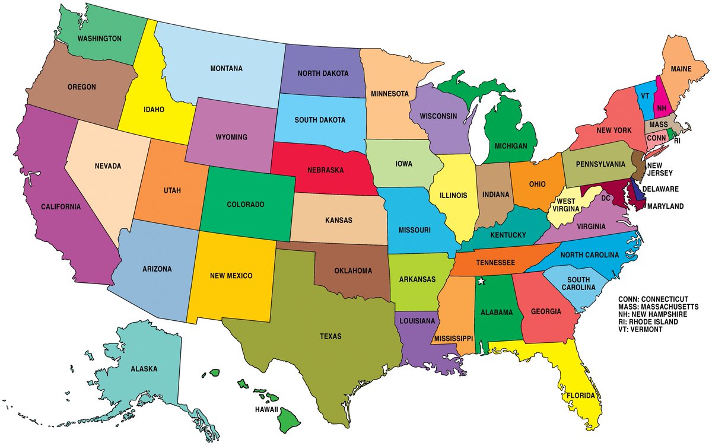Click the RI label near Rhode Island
(x=677, y=142)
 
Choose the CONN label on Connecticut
(x=656, y=138)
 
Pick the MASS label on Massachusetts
(x=658, y=125)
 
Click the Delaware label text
(x=660, y=189)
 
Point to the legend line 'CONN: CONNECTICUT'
(x=653, y=298)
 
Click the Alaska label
(x=144, y=369)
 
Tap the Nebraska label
(x=326, y=170)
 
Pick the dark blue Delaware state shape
(x=638, y=192)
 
